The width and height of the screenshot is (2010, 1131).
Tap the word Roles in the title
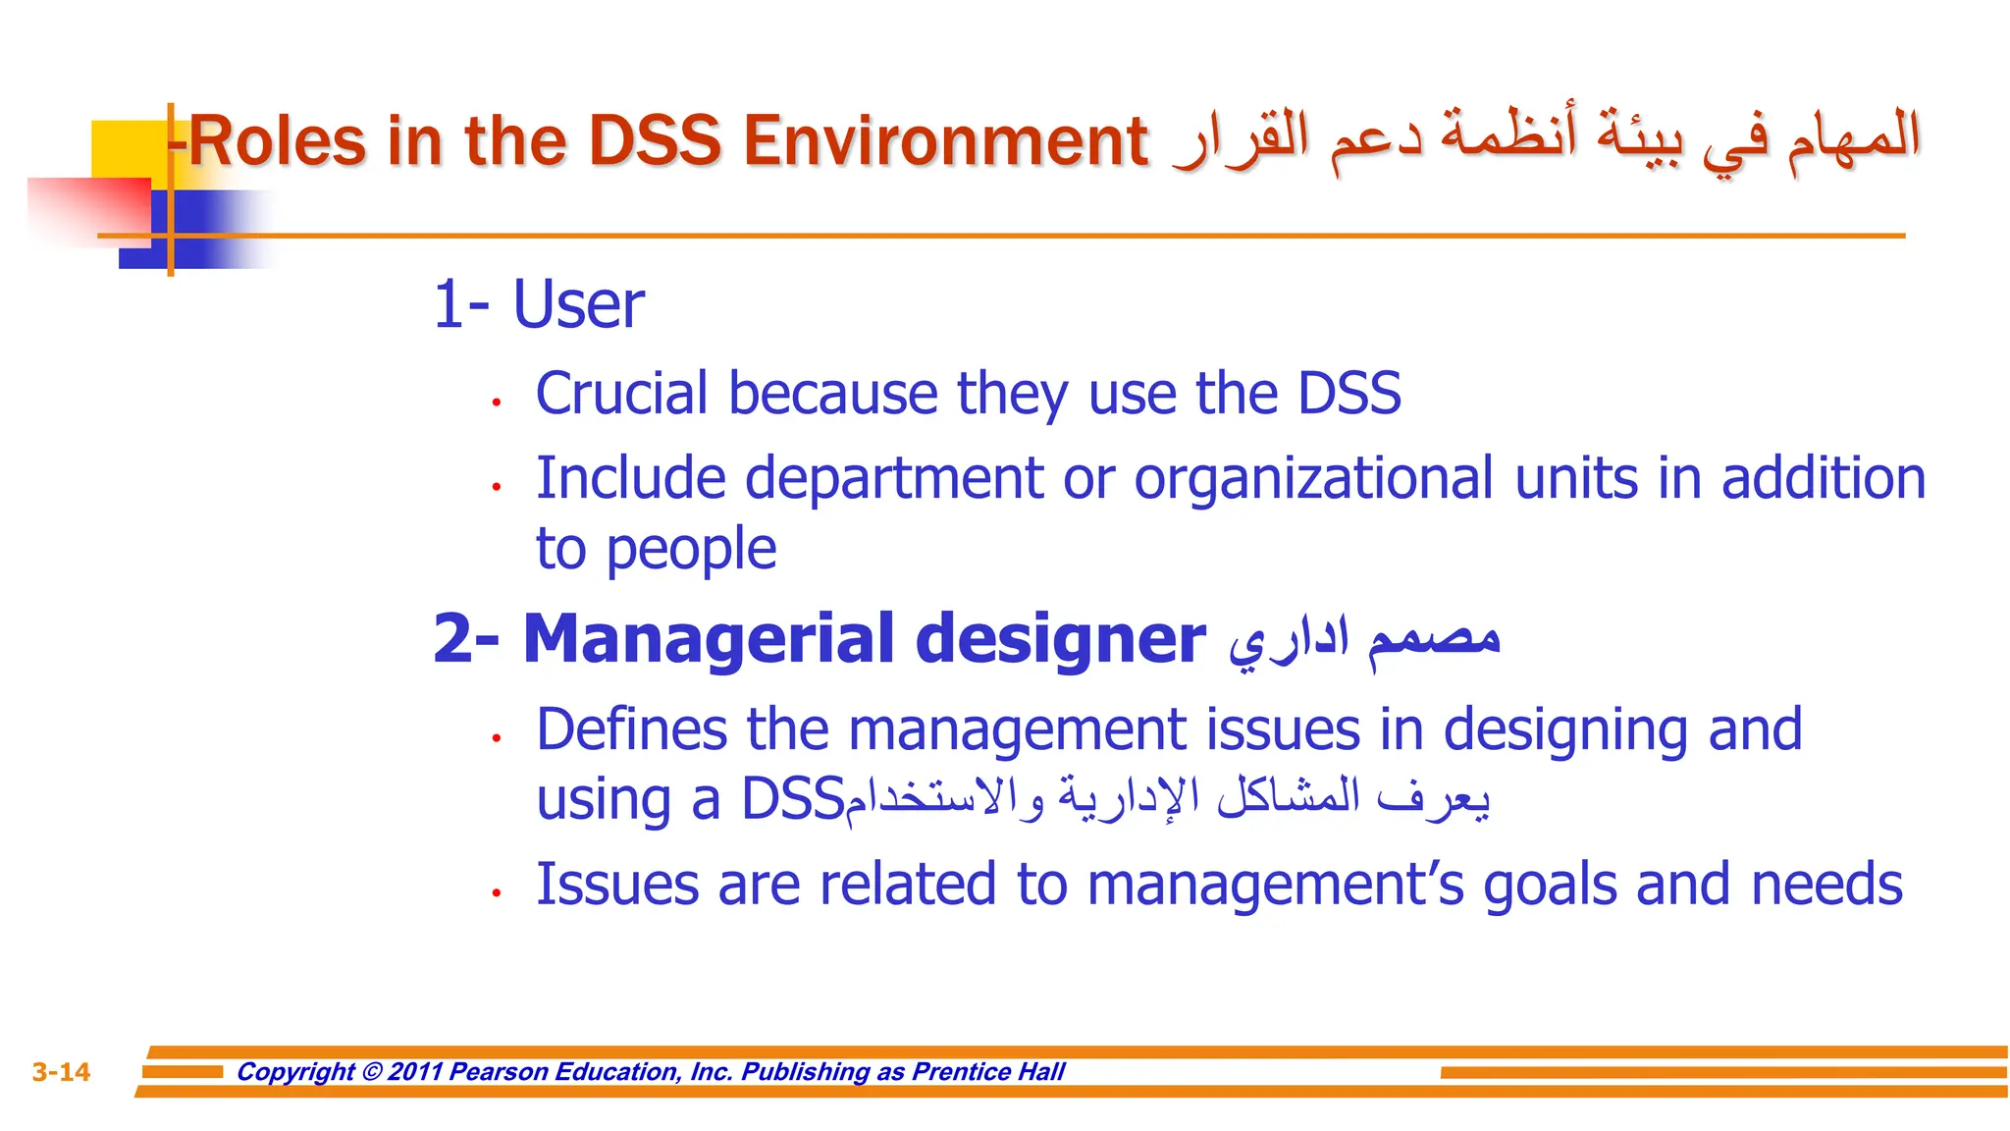[x=278, y=141]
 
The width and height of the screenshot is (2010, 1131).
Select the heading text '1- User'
[x=539, y=304]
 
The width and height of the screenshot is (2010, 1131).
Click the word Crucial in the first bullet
[x=621, y=394]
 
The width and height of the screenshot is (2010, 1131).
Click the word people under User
[x=691, y=549]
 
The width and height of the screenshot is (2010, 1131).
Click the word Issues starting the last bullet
[x=616, y=885]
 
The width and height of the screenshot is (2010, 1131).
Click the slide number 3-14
[x=61, y=1071]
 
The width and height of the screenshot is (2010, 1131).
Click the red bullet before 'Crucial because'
[x=498, y=402]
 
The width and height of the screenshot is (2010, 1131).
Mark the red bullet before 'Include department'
[x=498, y=486]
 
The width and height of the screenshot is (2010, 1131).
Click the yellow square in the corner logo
[x=123, y=147]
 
